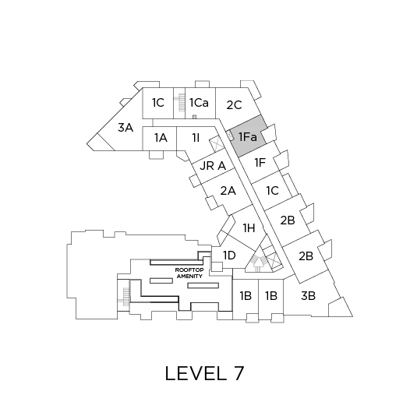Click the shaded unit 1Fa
[248, 136]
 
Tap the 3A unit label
[125, 128]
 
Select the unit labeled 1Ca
[200, 103]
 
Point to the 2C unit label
[234, 105]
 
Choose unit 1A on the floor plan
[161, 137]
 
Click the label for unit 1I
[196, 137]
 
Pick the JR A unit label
[213, 166]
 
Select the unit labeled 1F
[260, 163]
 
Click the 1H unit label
[249, 228]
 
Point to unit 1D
[229, 256]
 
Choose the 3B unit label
[308, 296]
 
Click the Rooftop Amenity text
[189, 273]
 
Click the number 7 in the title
[239, 373]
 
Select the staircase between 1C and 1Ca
[179, 103]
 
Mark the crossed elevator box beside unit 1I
[216, 143]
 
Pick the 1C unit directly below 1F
[273, 191]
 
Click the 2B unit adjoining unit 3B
[306, 256]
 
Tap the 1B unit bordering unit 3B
[271, 296]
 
